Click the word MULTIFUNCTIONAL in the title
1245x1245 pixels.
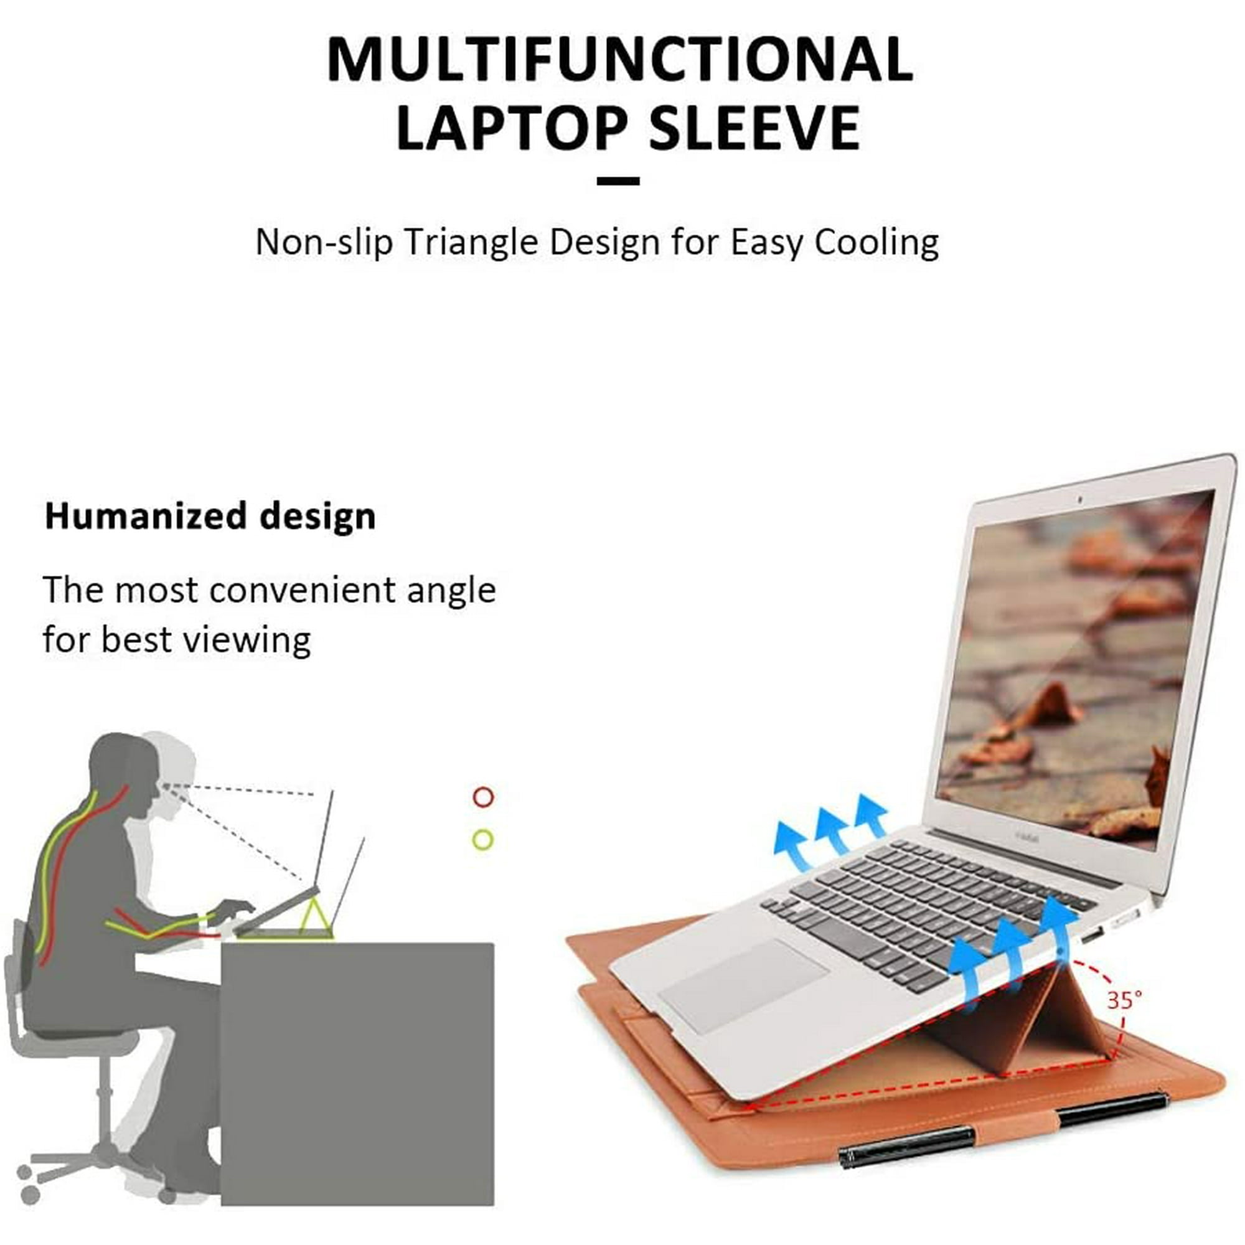tap(619, 59)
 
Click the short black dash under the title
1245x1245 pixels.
tap(618, 182)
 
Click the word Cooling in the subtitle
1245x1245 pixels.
tap(876, 243)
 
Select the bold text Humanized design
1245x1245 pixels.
tap(210, 517)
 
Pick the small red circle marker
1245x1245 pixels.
tap(483, 797)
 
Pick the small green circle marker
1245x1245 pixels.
tap(483, 840)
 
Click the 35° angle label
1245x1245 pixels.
tap(1124, 1000)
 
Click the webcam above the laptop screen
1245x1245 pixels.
tap(1081, 499)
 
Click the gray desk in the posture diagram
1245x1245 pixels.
tap(358, 1074)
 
